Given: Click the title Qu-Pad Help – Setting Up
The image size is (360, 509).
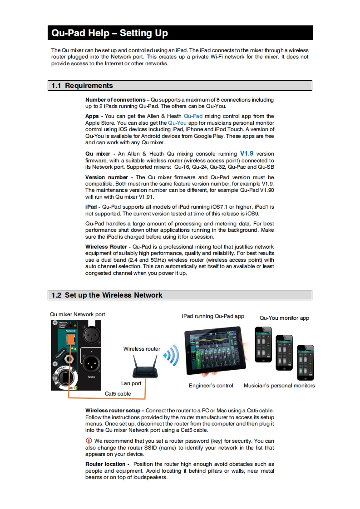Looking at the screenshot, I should pyautogui.click(x=109, y=33).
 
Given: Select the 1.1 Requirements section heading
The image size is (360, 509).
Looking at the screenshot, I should pyautogui.click(x=82, y=85).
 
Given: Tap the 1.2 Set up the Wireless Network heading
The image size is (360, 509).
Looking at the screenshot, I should pyautogui.click(x=107, y=295).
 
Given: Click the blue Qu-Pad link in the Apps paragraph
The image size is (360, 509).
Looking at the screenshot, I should pyautogui.click(x=193, y=116).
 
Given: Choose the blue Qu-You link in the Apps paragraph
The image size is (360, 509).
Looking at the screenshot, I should pyautogui.click(x=178, y=123).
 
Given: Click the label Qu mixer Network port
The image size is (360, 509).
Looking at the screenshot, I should pyautogui.click(x=78, y=314).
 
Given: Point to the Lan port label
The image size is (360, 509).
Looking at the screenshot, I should pyautogui.click(x=131, y=383).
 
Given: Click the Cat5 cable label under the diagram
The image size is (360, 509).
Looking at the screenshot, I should pyautogui.click(x=118, y=394).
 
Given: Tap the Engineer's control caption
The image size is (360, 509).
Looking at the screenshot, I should pyautogui.click(x=211, y=386).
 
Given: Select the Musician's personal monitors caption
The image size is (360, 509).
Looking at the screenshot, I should pyautogui.click(x=279, y=386).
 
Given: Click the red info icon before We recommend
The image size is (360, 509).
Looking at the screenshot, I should pyautogui.click(x=89, y=441).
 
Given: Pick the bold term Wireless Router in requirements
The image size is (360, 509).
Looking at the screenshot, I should pyautogui.click(x=106, y=247).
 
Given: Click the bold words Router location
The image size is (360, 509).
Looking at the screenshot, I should pyautogui.click(x=105, y=464).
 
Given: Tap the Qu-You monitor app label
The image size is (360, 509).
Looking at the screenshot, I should pyautogui.click(x=284, y=318).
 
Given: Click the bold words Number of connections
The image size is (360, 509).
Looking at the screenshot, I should pyautogui.click(x=115, y=99).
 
